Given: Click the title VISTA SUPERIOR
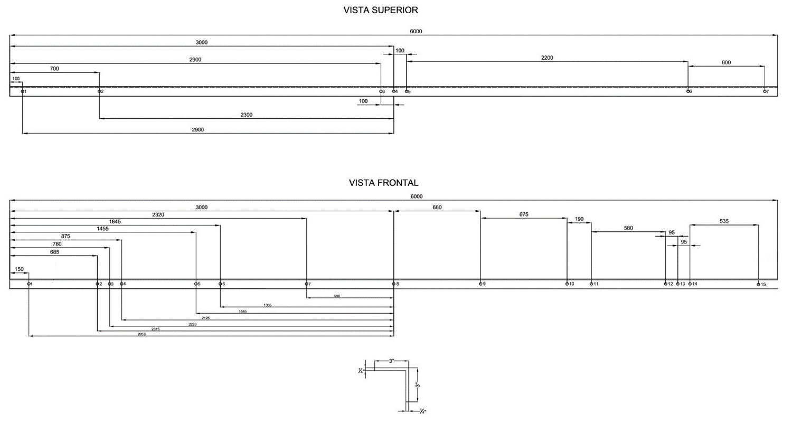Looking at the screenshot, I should pos(381,10).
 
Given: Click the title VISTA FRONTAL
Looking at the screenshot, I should pos(383,183).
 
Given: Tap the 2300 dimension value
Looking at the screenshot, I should pos(247,115).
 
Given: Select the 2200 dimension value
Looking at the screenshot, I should pos(547,58).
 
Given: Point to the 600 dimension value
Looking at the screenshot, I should pos(726,62).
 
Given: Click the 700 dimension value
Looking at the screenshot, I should pos(54,69).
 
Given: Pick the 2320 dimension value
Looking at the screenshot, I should pos(158,214).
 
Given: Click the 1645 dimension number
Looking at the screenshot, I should pos(115,221).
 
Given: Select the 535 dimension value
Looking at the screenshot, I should pos(724,221).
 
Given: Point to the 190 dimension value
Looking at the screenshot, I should pos(579,219).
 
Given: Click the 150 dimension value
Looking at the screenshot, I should pos(19,269).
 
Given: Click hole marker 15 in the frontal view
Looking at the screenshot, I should pos(758,284).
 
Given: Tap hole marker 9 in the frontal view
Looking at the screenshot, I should pos(480,284).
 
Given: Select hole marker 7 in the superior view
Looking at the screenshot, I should pos(765,91).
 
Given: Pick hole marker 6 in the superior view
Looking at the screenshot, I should pos(688,91).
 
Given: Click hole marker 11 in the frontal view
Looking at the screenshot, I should pos(591,284).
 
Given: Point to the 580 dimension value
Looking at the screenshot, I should pos(628,228).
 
